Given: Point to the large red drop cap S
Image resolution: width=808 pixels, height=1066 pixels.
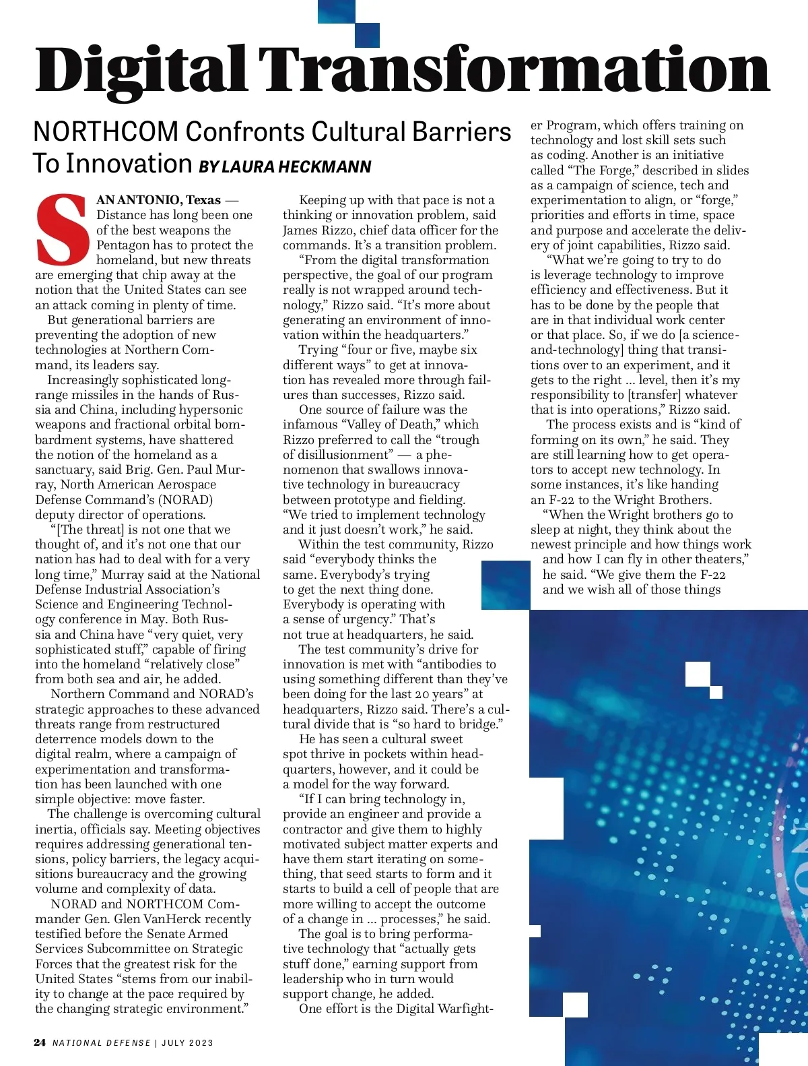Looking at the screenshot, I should pyautogui.click(x=63, y=229).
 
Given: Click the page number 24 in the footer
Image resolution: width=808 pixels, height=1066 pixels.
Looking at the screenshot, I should pyautogui.click(x=40, y=1042).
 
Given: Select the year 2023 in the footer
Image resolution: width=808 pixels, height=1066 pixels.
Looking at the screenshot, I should pyautogui.click(x=201, y=1043).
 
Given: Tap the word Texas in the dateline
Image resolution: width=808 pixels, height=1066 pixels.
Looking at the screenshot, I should pyautogui.click(x=203, y=200).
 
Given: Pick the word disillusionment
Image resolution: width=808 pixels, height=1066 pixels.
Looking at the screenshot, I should pyautogui.click(x=344, y=455).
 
